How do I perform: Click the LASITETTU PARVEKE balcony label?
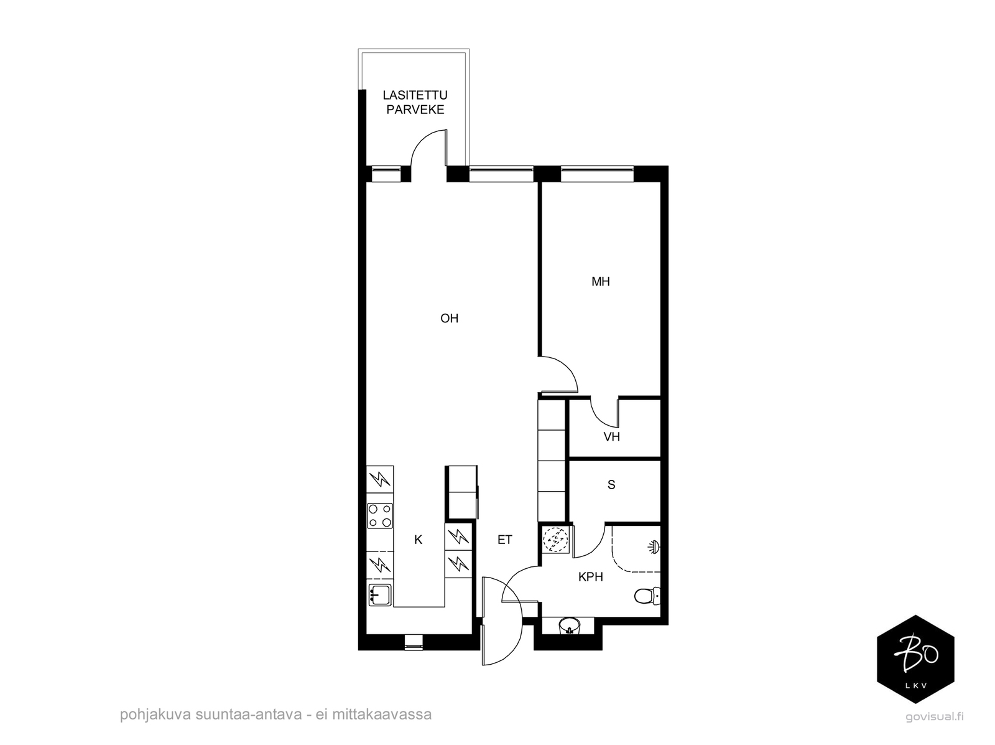pos(415,102)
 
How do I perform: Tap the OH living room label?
pos(449,319)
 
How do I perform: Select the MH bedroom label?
pos(601,282)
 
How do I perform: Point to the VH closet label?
pos(611,437)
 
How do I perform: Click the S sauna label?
pos(611,485)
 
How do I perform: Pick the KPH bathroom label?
pos(591,577)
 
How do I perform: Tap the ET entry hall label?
pos(504,540)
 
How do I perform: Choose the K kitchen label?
pos(418,540)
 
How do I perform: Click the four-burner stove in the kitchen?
pos(380,516)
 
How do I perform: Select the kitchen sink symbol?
pos(380,595)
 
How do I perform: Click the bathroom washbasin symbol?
pos(568,626)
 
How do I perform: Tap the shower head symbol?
pos(654,546)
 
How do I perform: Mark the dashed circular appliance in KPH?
pos(555,540)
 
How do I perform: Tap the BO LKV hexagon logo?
pos(915,658)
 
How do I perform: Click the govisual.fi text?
pos(934,716)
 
